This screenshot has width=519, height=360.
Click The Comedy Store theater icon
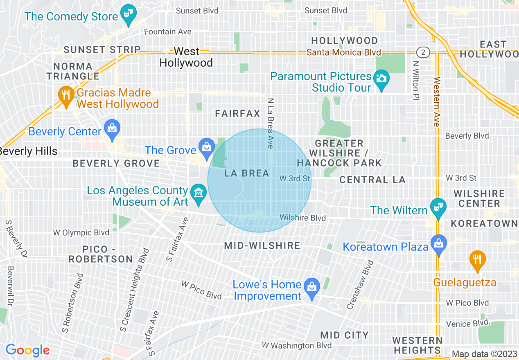129,16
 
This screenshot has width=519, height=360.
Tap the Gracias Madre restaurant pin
65,95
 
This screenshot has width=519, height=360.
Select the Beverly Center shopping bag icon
111,128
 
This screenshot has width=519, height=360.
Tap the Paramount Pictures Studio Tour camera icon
381,78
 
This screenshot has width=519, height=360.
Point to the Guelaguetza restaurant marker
477,259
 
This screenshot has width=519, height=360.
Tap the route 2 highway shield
423,52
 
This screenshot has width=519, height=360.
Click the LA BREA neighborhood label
247,173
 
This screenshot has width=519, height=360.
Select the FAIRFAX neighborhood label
238,114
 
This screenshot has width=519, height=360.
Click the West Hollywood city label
186,57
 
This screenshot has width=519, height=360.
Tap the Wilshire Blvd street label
302,218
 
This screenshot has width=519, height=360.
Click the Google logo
27,350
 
